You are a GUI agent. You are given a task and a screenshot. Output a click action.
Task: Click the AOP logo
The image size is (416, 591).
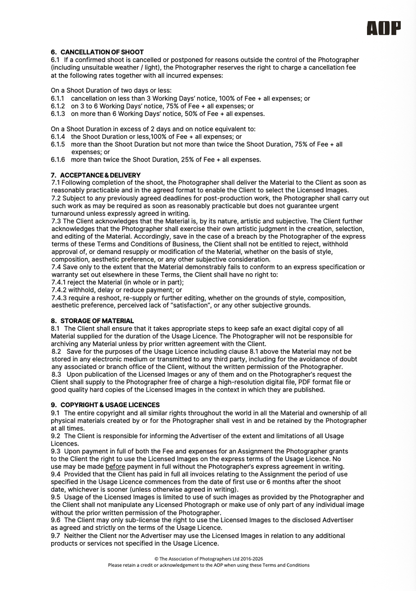pos(384,28)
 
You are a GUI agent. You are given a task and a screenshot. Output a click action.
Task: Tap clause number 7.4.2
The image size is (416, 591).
pos(59,290)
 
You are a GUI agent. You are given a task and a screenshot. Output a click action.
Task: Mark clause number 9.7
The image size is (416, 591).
pos(55,536)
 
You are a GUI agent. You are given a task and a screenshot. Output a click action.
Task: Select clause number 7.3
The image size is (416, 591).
pos(56,221)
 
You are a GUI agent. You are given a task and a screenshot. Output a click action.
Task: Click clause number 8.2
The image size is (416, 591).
pos(57,351)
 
